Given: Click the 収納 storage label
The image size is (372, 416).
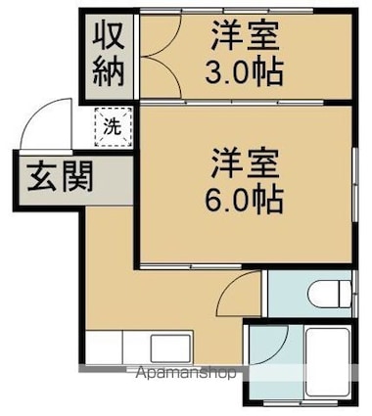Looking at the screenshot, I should coord(109,54).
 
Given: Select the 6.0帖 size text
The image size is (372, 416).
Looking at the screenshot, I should coord(247,199).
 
